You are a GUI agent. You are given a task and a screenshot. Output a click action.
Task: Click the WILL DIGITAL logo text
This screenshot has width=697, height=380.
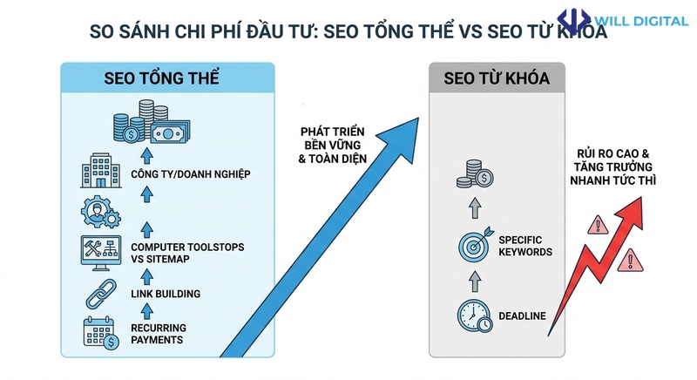643,20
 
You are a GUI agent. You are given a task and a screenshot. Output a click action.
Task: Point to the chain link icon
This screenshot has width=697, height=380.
98,292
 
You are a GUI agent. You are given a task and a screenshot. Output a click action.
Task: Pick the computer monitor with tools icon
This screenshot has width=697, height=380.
98,251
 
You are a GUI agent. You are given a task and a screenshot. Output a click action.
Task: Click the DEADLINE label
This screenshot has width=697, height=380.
521,316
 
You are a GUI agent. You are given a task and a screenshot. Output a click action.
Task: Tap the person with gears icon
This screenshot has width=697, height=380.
98,211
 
